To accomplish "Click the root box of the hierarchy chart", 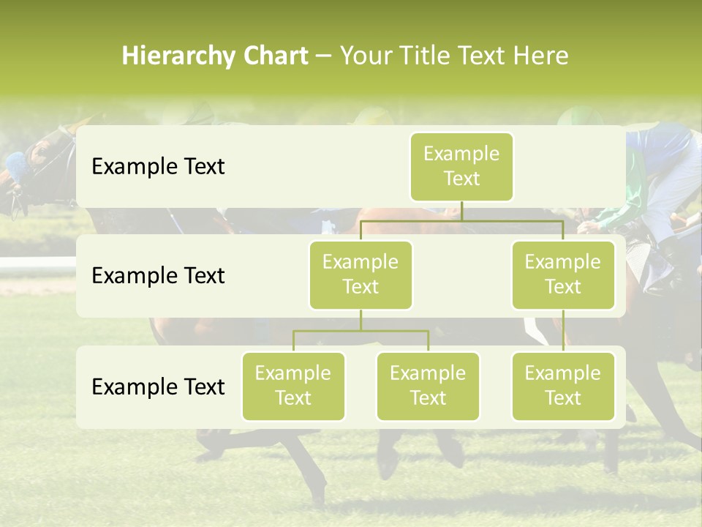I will pyautogui.click(x=461, y=166).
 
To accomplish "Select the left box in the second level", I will pyautogui.click(x=361, y=274).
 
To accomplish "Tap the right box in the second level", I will pyautogui.click(x=563, y=274).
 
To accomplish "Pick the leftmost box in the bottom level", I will pyautogui.click(x=293, y=386).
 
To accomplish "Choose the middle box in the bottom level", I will pyautogui.click(x=428, y=386).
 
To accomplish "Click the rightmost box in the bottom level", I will pyautogui.click(x=563, y=386).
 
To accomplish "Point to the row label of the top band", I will pyautogui.click(x=158, y=166).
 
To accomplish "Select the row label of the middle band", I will pyautogui.click(x=158, y=275).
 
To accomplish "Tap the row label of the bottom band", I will pyautogui.click(x=158, y=386).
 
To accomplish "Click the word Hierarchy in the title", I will pyautogui.click(x=173, y=56).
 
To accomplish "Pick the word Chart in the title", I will pyautogui.click(x=273, y=56).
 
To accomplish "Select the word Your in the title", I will pyautogui.click(x=363, y=56).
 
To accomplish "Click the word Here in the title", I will pyautogui.click(x=541, y=56).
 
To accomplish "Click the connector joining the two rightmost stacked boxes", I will pyautogui.click(x=563, y=331).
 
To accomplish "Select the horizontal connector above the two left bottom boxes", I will pyautogui.click(x=361, y=331).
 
